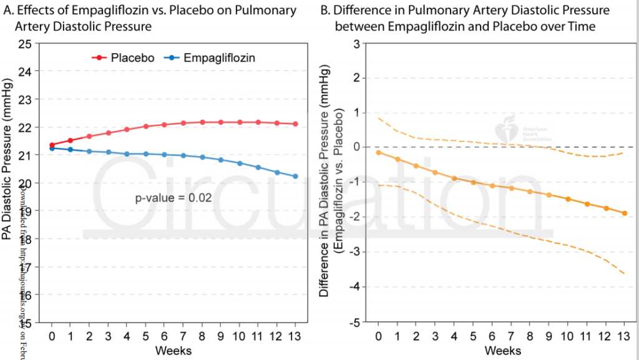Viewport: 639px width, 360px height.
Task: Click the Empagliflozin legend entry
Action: click(212, 57)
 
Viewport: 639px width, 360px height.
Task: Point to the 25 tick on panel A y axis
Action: click(25, 44)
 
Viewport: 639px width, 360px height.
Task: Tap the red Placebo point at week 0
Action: click(52, 145)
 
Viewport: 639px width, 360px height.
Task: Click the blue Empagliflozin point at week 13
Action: click(295, 176)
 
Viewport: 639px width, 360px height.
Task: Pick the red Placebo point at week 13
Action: click(295, 124)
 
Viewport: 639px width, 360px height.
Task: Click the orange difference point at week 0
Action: click(379, 152)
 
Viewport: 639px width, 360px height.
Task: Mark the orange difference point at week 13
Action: click(625, 213)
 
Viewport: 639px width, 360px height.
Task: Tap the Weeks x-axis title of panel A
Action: click(173, 350)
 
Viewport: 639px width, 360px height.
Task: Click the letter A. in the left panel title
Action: click(9, 11)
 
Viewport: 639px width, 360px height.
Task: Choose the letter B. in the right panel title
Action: click(324, 11)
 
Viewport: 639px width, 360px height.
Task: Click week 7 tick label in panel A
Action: click(183, 336)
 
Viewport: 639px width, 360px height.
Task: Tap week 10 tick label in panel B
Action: click(568, 336)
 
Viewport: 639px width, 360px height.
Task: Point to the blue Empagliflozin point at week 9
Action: click(220, 160)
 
